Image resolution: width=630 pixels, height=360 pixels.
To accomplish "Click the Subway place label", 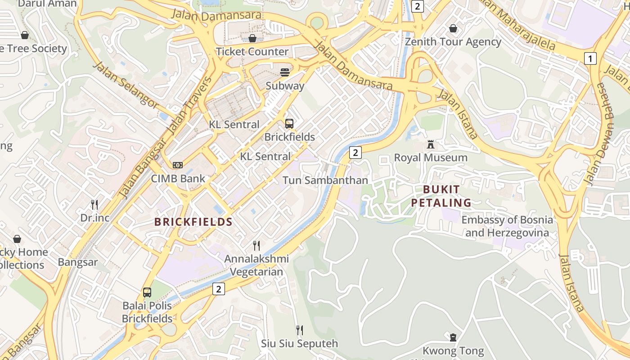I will point(285,85).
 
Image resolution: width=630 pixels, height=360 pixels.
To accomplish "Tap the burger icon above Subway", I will point(284,72).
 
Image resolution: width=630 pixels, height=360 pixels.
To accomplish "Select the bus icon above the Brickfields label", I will point(289,123).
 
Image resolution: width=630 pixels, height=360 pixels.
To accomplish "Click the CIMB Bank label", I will point(178,178).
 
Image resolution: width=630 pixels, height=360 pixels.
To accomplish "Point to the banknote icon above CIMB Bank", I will point(178,165).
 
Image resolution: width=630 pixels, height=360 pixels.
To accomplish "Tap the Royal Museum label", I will point(431,157).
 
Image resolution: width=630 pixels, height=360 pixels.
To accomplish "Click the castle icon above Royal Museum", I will point(431,145).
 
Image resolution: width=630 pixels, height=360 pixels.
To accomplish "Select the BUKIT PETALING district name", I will point(441,196).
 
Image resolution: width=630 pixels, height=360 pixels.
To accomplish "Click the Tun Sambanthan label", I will point(325,180).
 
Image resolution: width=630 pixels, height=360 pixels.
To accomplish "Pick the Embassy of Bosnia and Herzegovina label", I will point(507,226).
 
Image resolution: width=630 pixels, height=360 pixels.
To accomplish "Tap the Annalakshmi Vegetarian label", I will point(256,265).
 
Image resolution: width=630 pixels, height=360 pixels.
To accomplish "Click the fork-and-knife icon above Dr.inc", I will point(94,205).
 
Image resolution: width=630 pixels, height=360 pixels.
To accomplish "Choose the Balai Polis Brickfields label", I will point(147,312).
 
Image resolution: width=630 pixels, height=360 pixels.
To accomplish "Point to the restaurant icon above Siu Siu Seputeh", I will point(299,331).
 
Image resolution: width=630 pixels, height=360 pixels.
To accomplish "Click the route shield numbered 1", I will point(590,58).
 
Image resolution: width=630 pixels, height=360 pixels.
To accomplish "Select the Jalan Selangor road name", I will point(126,85).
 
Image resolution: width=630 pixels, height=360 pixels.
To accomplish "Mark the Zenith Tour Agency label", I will point(453,42).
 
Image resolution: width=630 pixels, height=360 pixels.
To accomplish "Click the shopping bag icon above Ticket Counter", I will point(252,38).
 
